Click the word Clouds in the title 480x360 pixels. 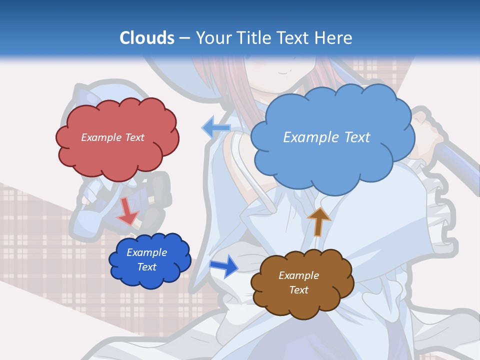(147, 38)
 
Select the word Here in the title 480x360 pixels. (333, 38)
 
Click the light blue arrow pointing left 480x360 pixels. (215, 128)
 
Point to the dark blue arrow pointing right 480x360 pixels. (223, 266)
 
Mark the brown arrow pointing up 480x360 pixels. (318, 221)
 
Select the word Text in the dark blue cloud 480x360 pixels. (147, 267)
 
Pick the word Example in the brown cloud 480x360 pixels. (298, 275)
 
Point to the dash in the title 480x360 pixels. (183, 38)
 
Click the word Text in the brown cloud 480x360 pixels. (298, 290)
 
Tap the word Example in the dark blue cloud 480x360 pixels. (147, 252)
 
